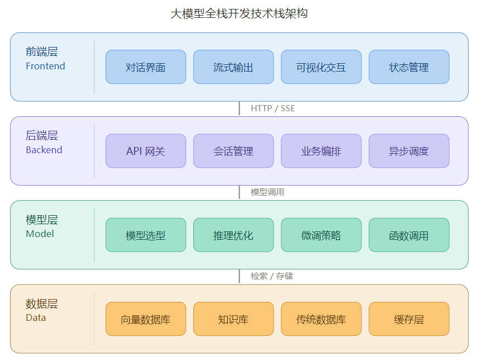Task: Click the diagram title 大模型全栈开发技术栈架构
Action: pyautogui.click(x=239, y=13)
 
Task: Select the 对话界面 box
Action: pyautogui.click(x=146, y=67)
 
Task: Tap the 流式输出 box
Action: pyautogui.click(x=233, y=67)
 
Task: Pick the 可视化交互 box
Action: pyautogui.click(x=321, y=67)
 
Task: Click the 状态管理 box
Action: pyautogui.click(x=409, y=67)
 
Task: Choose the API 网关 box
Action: pyautogui.click(x=146, y=151)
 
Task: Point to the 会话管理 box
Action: pyautogui.click(x=233, y=151)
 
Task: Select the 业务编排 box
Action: pyautogui.click(x=321, y=151)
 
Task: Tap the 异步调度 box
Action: pyautogui.click(x=409, y=151)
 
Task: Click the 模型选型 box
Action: pyautogui.click(x=146, y=235)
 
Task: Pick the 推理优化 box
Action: pyautogui.click(x=233, y=235)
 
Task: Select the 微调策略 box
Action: pyautogui.click(x=321, y=235)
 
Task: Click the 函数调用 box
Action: pyautogui.click(x=409, y=235)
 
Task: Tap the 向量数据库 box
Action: pyautogui.click(x=146, y=319)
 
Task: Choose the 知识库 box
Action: pyautogui.click(x=233, y=319)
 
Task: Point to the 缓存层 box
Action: pyautogui.click(x=409, y=319)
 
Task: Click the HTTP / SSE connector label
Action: pyautogui.click(x=273, y=108)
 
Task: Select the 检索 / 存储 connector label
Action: pyautogui.click(x=272, y=276)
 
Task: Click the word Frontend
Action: pyautogui.click(x=45, y=66)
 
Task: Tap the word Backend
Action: pyautogui.click(x=44, y=150)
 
